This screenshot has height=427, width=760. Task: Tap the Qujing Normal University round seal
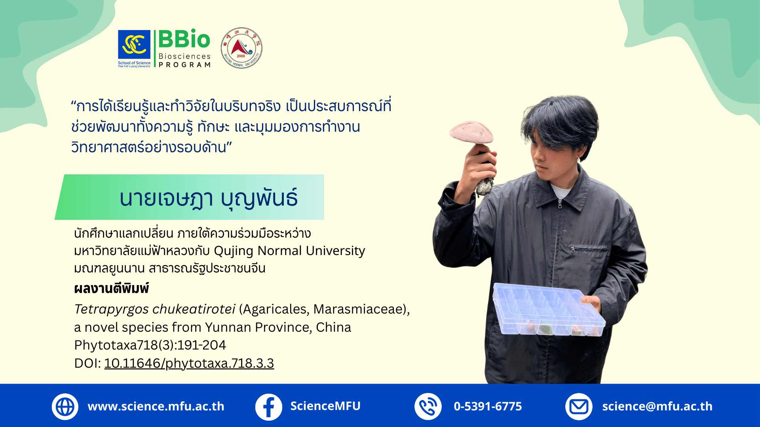(x=241, y=48)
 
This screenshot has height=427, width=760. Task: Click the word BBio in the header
(x=184, y=40)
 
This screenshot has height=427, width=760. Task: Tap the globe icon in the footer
(x=65, y=406)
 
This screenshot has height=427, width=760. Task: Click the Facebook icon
(x=268, y=406)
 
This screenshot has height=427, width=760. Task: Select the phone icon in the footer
(x=428, y=406)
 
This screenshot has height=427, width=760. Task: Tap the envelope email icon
(x=579, y=406)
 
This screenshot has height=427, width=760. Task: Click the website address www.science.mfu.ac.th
(x=156, y=406)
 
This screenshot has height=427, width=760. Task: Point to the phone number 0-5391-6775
(x=488, y=406)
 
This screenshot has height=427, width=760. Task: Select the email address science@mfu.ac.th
(x=657, y=406)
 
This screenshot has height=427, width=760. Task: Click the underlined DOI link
(x=189, y=363)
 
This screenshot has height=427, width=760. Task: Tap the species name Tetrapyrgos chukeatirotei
(x=155, y=309)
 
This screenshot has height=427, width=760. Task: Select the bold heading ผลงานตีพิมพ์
(x=112, y=289)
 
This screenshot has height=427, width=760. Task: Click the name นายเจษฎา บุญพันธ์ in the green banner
(x=209, y=198)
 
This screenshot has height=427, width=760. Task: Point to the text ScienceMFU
(x=325, y=406)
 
